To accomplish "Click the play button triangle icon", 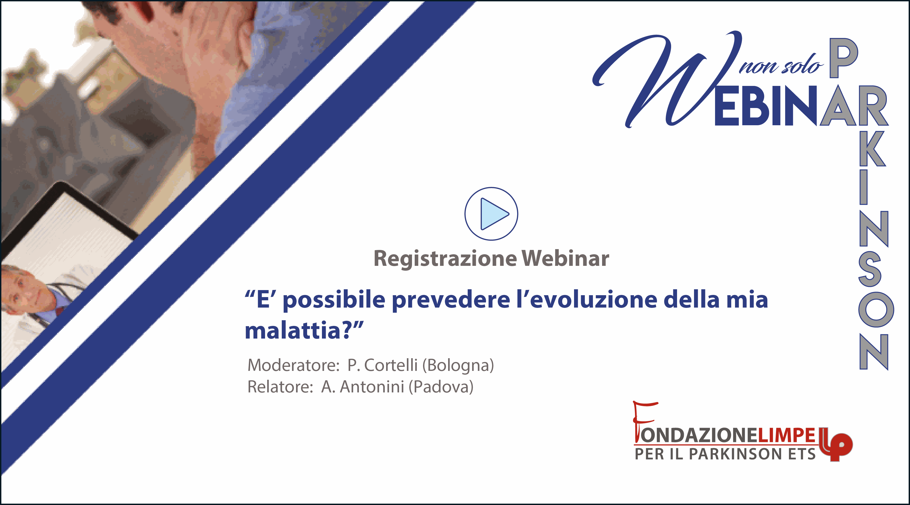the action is click(494, 214).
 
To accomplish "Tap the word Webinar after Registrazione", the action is click(565, 258).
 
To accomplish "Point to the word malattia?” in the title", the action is click(304, 331).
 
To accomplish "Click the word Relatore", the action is click(280, 387).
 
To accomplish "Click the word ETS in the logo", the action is click(802, 454).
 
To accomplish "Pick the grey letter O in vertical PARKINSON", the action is click(876, 310).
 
